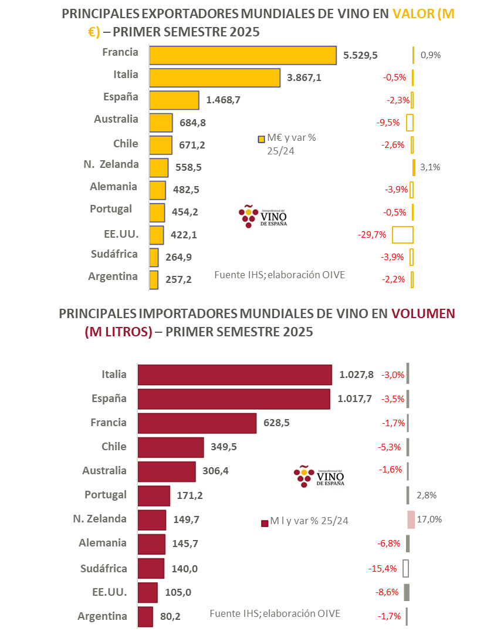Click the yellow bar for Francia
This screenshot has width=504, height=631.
point(242,55)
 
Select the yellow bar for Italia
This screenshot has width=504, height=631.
point(215,77)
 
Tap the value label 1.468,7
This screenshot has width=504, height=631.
point(223,100)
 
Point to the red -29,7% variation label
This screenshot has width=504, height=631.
point(371,235)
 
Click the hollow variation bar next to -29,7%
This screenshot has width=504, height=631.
point(403,234)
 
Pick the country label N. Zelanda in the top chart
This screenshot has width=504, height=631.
point(111,164)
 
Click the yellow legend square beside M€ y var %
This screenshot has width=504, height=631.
point(262,139)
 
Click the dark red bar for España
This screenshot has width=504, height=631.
point(234,399)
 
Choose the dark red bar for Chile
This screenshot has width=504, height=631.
point(170,447)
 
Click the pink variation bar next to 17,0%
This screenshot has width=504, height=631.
point(411,519)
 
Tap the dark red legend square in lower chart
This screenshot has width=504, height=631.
point(264,522)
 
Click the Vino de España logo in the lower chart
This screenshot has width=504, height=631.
point(320,475)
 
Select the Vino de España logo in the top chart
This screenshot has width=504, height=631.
point(263,217)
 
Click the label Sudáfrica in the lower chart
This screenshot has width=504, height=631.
point(103,568)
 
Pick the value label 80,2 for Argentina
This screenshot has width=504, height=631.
point(172,617)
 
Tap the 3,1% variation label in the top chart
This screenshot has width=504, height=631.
point(431,167)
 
